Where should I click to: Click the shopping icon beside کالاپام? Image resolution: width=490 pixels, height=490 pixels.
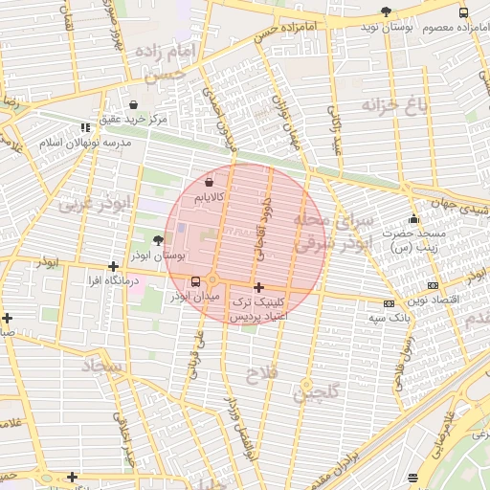(x=209, y=181)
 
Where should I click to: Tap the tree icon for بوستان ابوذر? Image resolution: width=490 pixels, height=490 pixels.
(x=158, y=241)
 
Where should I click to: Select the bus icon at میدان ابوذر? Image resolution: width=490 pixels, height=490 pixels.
(x=196, y=281)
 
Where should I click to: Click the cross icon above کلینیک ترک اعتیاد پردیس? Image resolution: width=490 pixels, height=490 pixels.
(x=258, y=287)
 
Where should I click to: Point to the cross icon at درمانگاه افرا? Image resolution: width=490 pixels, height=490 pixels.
(x=114, y=267)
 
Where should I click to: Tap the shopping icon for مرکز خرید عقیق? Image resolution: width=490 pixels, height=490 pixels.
(x=132, y=104)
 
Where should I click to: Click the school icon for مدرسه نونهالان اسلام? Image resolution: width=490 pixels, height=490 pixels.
(x=85, y=126)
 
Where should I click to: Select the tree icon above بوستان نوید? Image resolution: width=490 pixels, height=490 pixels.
(x=386, y=11)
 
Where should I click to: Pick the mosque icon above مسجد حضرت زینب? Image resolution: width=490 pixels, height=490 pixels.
(x=413, y=218)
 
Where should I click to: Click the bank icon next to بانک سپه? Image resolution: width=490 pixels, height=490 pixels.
(x=388, y=303)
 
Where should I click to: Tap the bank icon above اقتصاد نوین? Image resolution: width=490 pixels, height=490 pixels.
(x=433, y=284)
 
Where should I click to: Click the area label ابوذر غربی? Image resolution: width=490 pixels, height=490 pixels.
(x=94, y=203)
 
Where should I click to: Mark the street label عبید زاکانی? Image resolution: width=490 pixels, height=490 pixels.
(x=336, y=129)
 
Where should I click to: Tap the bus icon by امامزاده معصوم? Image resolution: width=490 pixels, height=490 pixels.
(x=463, y=12)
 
